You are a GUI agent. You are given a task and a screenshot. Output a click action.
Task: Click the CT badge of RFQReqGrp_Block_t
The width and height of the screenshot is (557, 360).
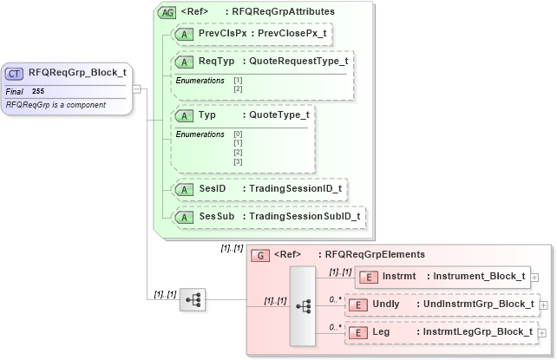pyautogui.click(x=16, y=74)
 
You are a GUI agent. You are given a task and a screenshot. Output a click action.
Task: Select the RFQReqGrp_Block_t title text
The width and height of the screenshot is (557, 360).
pyautogui.click(x=77, y=74)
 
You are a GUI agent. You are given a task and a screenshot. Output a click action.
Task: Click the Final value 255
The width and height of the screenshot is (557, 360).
pyautogui.click(x=38, y=91)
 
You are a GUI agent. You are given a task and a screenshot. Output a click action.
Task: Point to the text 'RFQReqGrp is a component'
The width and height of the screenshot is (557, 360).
pyautogui.click(x=56, y=104)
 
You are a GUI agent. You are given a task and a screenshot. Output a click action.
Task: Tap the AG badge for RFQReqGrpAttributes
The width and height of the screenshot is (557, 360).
pyautogui.click(x=165, y=12)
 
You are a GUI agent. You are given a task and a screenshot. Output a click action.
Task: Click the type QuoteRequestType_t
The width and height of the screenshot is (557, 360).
pyautogui.click(x=298, y=62)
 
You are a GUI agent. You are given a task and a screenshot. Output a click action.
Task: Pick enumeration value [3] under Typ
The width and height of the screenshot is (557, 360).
pyautogui.click(x=238, y=161)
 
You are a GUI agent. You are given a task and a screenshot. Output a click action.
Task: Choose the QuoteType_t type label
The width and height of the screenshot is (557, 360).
pyautogui.click(x=278, y=115)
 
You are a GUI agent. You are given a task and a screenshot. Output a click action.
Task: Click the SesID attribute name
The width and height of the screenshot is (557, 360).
pyautogui.click(x=213, y=188)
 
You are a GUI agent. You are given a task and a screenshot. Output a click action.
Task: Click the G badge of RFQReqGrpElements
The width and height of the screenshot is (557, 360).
pyautogui.click(x=259, y=255)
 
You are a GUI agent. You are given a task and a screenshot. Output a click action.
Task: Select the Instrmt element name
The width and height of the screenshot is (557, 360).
pyautogui.click(x=399, y=277)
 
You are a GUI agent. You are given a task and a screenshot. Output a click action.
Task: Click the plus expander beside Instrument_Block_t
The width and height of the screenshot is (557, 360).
pyautogui.click(x=534, y=278)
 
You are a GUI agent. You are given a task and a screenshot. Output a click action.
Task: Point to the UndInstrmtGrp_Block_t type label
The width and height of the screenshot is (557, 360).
pyautogui.click(x=476, y=304)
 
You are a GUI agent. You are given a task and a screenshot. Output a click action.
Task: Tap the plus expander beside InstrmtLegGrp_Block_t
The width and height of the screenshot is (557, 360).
pyautogui.click(x=542, y=333)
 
